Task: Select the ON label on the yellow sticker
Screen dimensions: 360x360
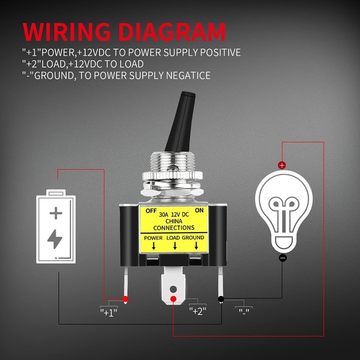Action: [199, 210]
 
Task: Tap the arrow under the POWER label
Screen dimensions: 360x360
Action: [153, 246]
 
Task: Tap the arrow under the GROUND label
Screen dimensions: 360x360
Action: [196, 246]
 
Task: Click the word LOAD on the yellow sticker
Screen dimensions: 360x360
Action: [175, 238]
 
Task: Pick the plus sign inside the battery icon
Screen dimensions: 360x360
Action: [55, 212]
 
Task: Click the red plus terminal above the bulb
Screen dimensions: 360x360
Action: [282, 165]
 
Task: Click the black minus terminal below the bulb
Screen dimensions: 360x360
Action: [282, 258]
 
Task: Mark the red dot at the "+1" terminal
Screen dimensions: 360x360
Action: [126, 299]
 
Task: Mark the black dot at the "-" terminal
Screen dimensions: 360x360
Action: [221, 299]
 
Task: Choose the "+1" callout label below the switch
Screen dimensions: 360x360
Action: [108, 311]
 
